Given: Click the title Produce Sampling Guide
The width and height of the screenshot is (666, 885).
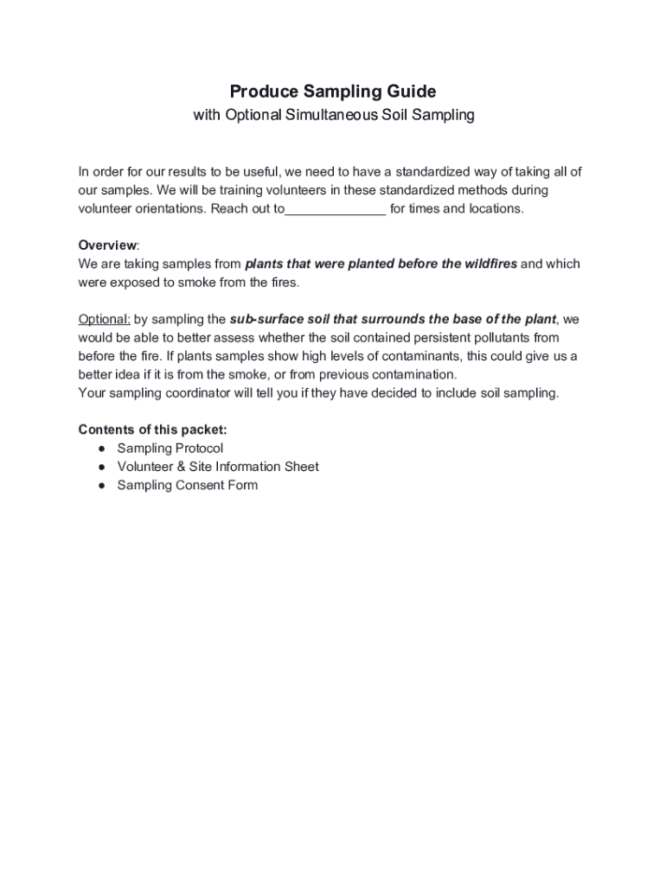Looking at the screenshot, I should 333,91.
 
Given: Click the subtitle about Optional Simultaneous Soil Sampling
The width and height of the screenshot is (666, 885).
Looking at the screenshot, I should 333,115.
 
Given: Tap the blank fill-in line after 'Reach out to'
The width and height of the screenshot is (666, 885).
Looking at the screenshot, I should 335,210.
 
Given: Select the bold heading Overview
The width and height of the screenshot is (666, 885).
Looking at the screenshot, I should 107,245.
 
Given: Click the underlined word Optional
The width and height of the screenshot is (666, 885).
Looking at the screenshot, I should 104,318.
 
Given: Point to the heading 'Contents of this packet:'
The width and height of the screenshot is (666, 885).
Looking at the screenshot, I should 153,430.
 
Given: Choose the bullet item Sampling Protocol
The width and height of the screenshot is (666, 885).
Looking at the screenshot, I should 170,448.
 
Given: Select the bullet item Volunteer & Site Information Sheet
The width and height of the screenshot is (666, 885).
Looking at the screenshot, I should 218,467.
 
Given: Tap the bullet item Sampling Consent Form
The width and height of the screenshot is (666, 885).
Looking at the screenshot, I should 188,485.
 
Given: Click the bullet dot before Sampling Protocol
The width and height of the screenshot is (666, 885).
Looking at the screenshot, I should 101,449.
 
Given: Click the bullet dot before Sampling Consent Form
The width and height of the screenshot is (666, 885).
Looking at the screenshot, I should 101,486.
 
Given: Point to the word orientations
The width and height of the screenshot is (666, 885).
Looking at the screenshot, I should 162,209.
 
